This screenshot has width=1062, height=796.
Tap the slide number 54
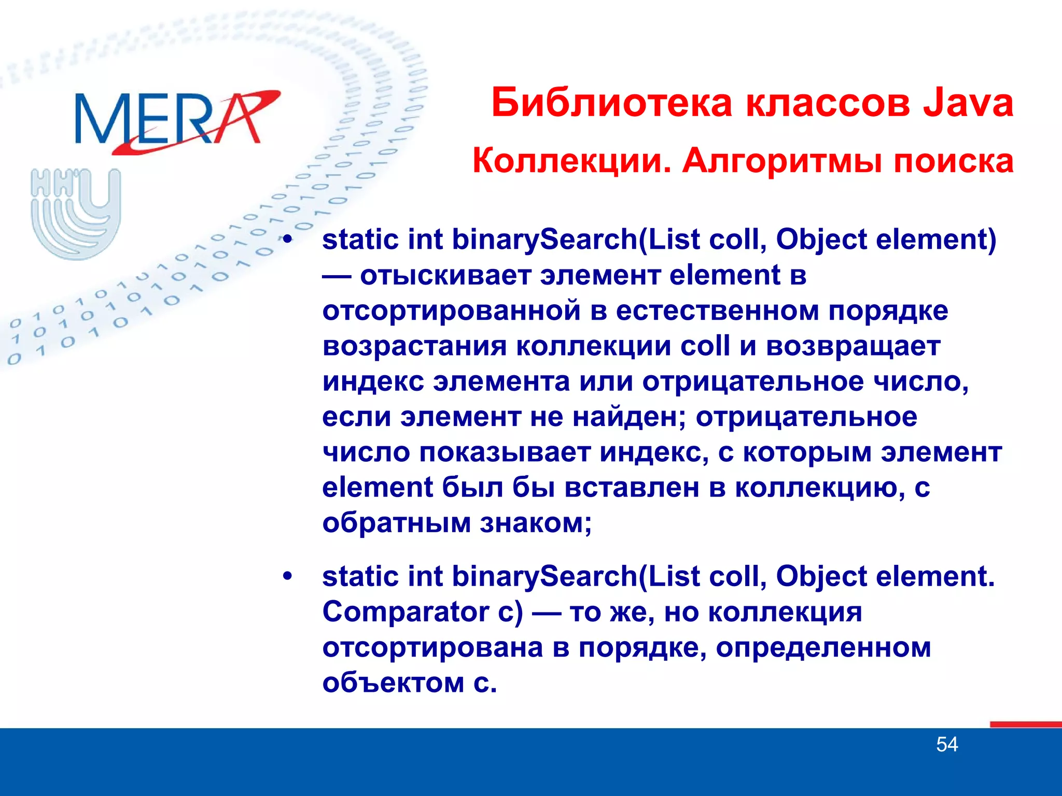947,745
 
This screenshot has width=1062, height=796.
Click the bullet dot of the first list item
288,240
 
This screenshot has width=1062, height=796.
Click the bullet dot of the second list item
288,576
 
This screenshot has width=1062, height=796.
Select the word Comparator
406,612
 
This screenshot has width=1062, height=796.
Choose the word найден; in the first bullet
630,417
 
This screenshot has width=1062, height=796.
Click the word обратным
396,523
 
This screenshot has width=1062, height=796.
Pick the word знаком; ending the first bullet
536,523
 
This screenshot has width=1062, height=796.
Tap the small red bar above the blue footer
1025,724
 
